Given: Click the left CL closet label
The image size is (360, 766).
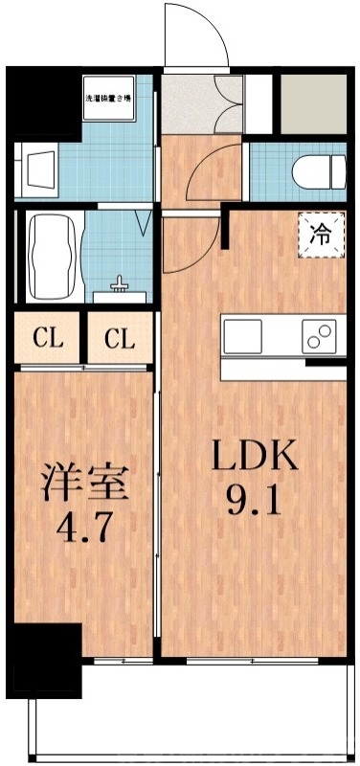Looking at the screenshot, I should (49, 338).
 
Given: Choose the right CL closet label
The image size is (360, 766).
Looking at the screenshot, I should (119, 338).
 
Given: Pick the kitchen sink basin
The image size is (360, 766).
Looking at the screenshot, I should (242, 336).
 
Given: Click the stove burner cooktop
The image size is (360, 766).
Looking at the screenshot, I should (321, 336).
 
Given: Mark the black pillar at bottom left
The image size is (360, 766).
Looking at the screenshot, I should (43, 661).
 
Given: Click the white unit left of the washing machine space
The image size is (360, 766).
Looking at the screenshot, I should (38, 169).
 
